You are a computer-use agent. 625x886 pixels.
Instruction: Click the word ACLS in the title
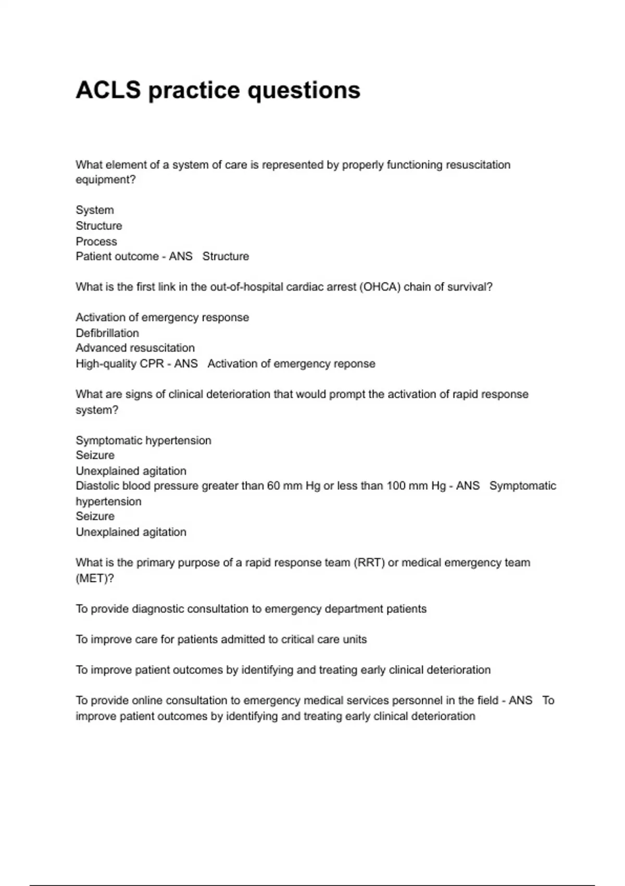108,90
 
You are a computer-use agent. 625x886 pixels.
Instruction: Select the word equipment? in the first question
106,180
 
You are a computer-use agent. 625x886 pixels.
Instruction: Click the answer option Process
96,241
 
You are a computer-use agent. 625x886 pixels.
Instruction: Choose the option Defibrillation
107,333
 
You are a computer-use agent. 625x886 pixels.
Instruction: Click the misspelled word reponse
356,364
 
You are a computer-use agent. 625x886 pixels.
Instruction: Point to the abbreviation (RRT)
369,563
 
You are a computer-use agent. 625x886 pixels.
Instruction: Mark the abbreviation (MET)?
95,579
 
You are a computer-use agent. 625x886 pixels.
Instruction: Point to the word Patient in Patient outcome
93,256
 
